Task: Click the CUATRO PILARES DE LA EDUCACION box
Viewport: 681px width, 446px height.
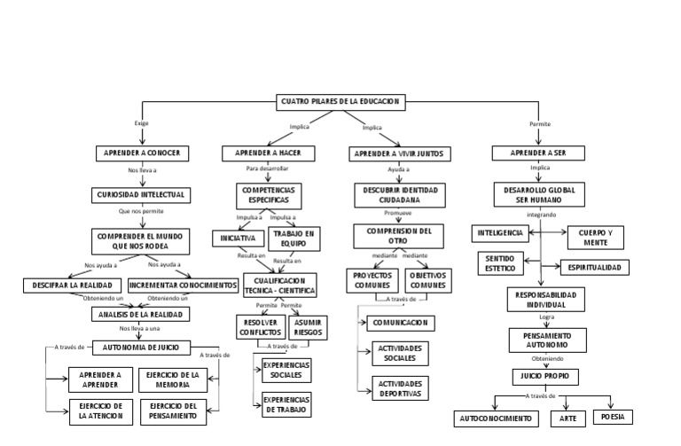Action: click(x=340, y=102)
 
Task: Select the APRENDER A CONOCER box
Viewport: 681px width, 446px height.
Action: click(x=142, y=153)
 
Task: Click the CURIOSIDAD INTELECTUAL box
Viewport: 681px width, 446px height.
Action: click(x=140, y=193)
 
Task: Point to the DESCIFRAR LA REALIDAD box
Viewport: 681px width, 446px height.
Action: click(x=73, y=286)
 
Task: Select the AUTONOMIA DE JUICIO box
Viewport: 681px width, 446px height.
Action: click(x=140, y=347)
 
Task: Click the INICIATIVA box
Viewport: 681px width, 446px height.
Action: click(x=239, y=239)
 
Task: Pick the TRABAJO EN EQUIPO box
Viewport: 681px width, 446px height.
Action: click(x=294, y=239)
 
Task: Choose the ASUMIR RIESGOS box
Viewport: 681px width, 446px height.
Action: click(x=308, y=327)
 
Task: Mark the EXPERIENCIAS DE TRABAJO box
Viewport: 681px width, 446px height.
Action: click(x=286, y=405)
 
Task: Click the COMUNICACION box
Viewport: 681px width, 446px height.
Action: click(x=401, y=323)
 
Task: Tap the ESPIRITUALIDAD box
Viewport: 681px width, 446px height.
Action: click(x=595, y=267)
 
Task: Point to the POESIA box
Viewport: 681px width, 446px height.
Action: click(x=613, y=416)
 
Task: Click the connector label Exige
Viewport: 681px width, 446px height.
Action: click(x=142, y=123)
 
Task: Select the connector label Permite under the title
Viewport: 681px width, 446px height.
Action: click(x=539, y=124)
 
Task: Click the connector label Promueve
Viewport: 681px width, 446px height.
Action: click(x=398, y=214)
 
